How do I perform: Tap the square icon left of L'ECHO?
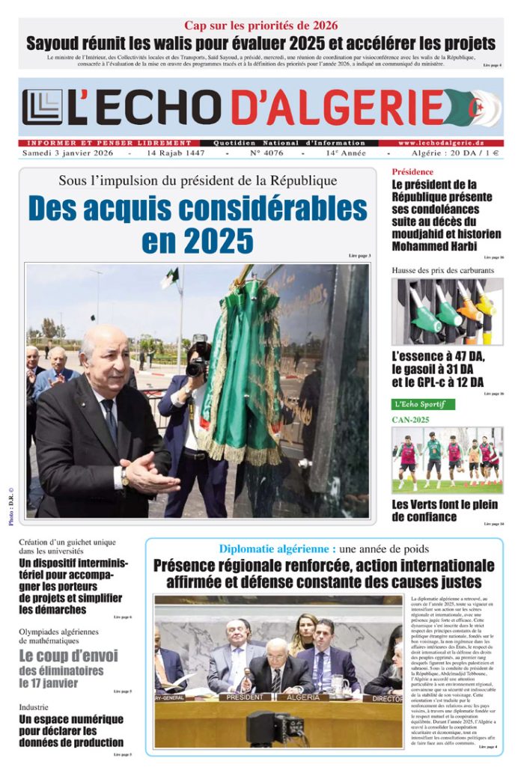[42, 107]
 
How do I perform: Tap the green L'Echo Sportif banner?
[424, 404]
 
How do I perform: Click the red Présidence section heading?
[412, 171]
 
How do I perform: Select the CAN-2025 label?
[411, 420]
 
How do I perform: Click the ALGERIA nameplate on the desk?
[303, 697]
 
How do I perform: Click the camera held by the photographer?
[199, 358]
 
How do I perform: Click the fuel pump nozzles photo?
[448, 311]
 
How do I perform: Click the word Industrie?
[34, 706]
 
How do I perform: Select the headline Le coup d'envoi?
[68, 656]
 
